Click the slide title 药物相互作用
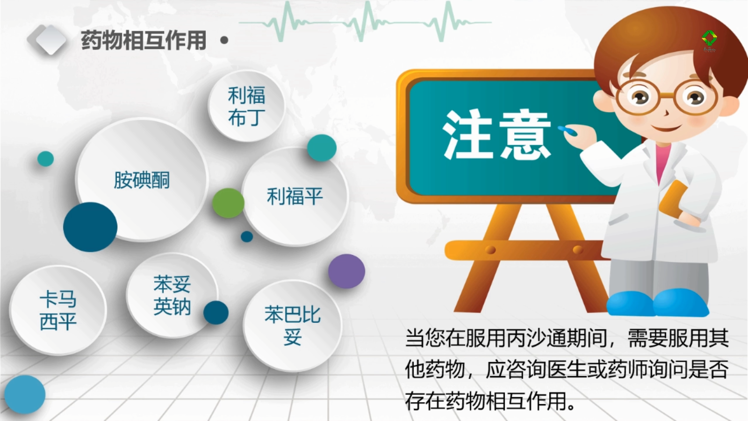click(144, 40)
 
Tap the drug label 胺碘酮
click(142, 180)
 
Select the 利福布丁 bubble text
click(247, 106)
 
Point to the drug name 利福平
click(295, 196)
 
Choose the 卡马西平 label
click(58, 311)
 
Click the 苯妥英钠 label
click(172, 295)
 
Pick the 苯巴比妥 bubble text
click(293, 325)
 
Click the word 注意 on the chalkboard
click(496, 135)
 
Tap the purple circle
click(346, 271)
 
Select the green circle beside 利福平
click(229, 203)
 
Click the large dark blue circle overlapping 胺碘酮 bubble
click(90, 227)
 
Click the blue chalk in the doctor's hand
click(568, 131)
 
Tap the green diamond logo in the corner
click(709, 39)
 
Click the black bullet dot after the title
click(224, 40)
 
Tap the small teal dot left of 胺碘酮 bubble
click(45, 159)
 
